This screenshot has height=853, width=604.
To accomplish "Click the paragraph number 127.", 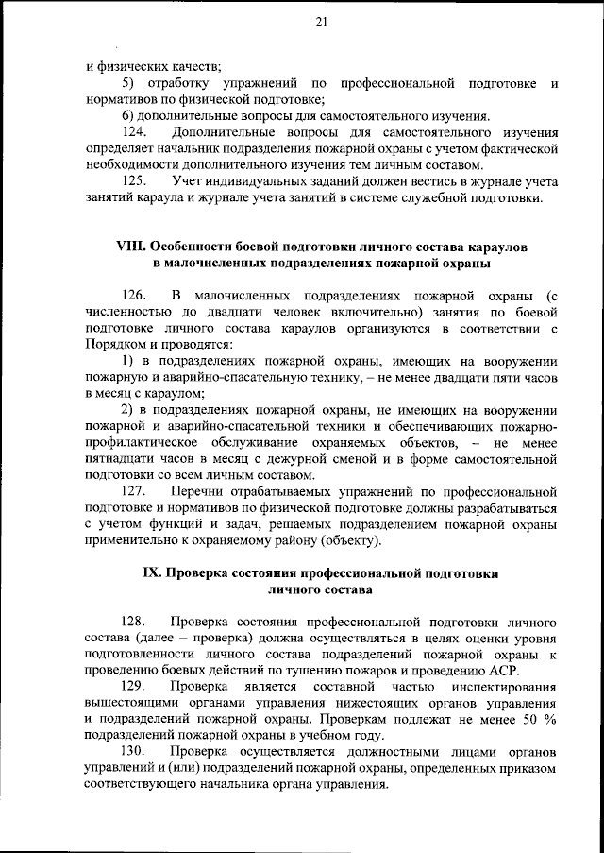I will tap(137, 492).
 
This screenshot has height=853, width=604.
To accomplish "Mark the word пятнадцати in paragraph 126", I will tap(120, 459).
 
